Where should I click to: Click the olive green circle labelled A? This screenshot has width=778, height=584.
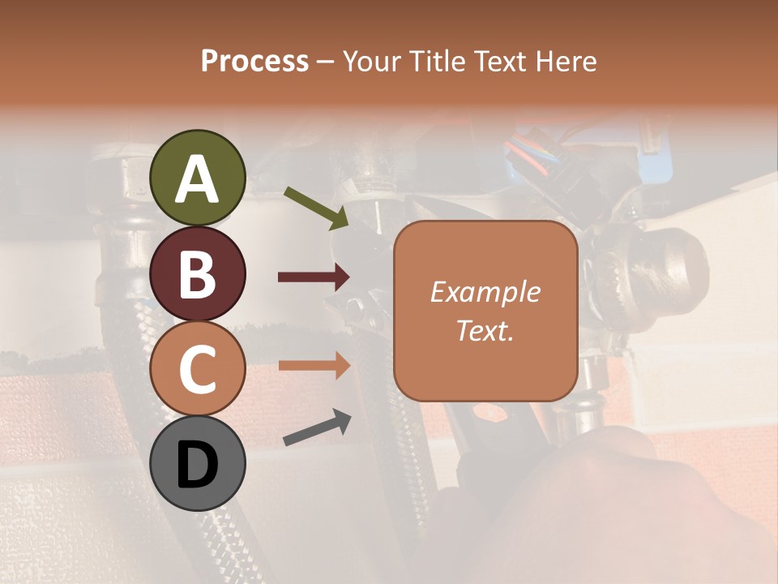pyautogui.click(x=198, y=178)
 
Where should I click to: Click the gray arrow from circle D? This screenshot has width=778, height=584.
pyautogui.click(x=317, y=428)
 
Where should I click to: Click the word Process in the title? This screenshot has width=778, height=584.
pyautogui.click(x=254, y=61)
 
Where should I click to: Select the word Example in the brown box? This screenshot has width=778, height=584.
pyautogui.click(x=485, y=292)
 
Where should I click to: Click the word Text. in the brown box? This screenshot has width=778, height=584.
pyautogui.click(x=485, y=330)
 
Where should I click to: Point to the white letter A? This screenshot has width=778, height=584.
pyautogui.click(x=198, y=179)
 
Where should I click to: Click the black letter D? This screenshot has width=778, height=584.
pyautogui.click(x=198, y=465)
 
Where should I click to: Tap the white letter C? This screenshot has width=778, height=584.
pyautogui.click(x=198, y=369)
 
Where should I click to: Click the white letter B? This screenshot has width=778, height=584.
pyautogui.click(x=198, y=274)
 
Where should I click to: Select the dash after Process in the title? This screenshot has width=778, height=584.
pyautogui.click(x=325, y=62)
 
